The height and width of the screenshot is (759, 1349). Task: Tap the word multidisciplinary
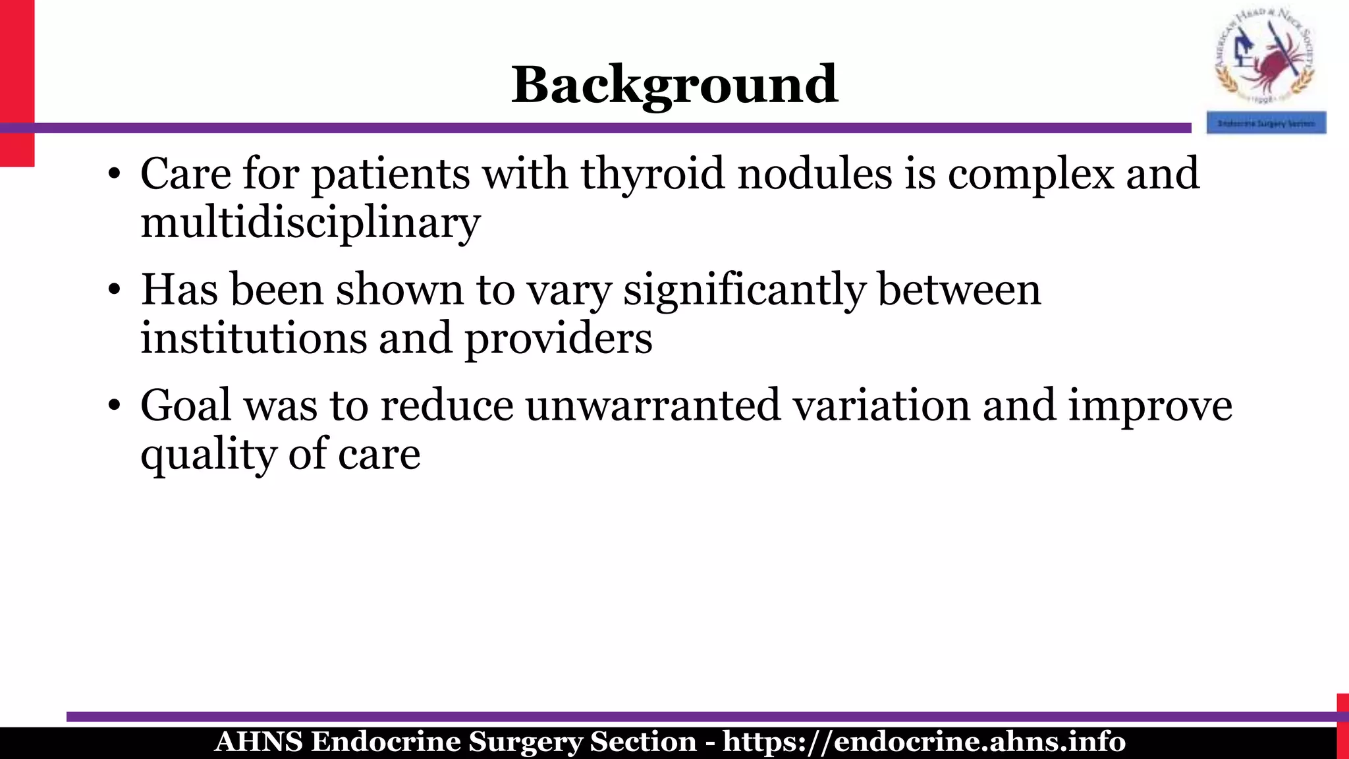pos(310,223)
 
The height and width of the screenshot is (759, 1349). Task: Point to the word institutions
pos(254,339)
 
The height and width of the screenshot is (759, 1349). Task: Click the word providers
pos(559,339)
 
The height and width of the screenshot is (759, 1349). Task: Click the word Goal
pos(186,406)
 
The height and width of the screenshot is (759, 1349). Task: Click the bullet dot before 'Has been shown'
pos(114,291)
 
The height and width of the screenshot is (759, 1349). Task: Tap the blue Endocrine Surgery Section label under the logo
pos(1266,123)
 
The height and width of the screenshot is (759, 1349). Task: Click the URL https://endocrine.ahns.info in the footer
pos(923,742)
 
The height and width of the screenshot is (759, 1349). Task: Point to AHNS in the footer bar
pos(258,742)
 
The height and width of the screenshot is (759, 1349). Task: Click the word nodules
pos(814,175)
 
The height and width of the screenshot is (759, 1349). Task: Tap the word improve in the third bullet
pos(1149,406)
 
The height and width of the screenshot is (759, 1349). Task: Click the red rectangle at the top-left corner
pos(16,82)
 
